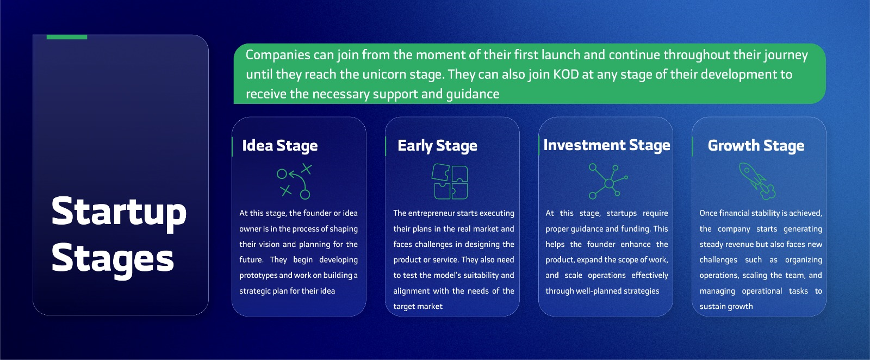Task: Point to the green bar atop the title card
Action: click(x=67, y=37)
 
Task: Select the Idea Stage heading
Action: click(x=279, y=146)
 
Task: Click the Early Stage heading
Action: click(x=437, y=146)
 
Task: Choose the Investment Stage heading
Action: click(x=607, y=145)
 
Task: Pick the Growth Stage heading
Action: click(x=756, y=146)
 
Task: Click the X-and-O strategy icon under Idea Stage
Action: click(x=294, y=181)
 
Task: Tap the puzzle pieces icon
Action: click(x=450, y=181)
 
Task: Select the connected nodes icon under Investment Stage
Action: click(x=608, y=181)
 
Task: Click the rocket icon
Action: click(x=757, y=181)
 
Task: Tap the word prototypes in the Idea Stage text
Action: click(x=258, y=275)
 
